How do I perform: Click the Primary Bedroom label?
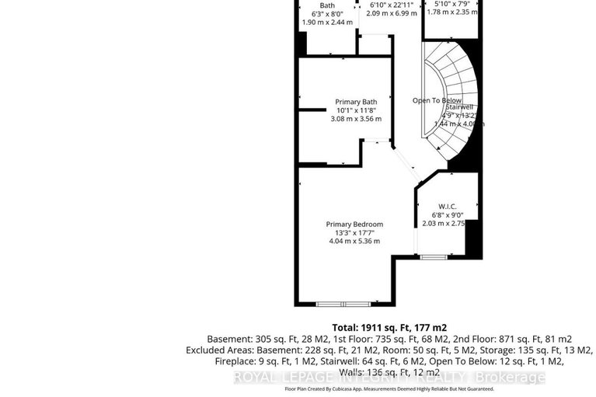[x=354, y=225]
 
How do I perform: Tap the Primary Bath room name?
[x=356, y=102]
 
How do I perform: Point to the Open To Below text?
[x=437, y=100]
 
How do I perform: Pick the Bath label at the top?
[x=327, y=5]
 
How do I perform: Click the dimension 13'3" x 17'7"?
[x=354, y=232]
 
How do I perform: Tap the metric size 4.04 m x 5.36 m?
[x=354, y=241]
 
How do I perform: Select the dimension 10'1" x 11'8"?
[x=356, y=110]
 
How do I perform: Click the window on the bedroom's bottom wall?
[x=348, y=304]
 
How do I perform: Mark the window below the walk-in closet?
[x=433, y=256]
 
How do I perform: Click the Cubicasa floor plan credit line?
[x=389, y=388]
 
